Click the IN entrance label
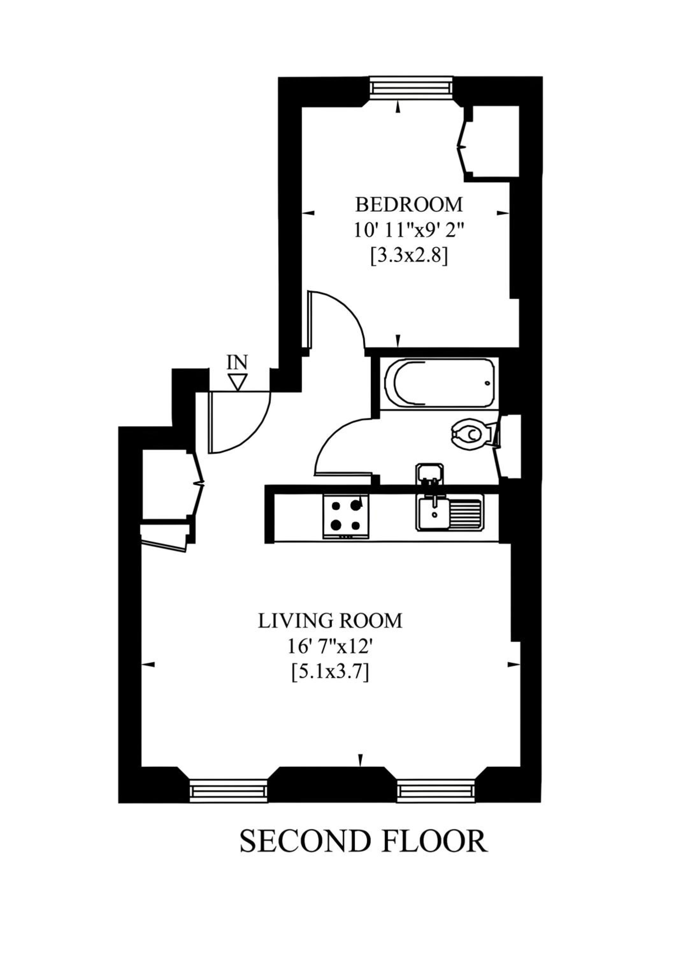237,362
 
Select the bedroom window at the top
411,88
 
